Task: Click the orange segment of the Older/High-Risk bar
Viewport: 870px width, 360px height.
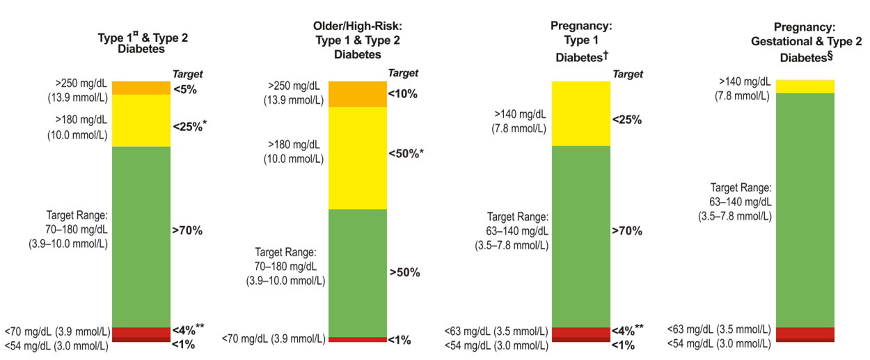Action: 358,94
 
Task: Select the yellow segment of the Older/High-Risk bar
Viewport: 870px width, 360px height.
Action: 358,158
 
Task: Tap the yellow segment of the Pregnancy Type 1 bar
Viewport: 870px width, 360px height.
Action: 581,114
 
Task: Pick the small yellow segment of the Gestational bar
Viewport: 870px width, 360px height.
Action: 805,87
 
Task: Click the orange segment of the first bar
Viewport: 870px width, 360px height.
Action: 141,88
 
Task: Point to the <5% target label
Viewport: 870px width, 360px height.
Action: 185,89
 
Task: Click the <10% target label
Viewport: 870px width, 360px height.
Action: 403,94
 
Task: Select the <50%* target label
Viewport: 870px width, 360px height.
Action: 406,154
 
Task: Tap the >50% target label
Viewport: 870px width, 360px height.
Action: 404,272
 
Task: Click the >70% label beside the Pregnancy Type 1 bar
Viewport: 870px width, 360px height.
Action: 627,230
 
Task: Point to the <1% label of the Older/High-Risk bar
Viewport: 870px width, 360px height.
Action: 400,341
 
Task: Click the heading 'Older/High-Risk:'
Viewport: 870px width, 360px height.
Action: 357,26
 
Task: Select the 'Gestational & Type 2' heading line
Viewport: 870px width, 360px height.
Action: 806,41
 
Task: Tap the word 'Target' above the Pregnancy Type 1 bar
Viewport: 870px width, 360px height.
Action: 628,74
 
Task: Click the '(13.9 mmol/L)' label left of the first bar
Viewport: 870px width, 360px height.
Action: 78,97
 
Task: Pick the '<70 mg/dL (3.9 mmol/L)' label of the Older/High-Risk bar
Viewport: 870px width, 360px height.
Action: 274,338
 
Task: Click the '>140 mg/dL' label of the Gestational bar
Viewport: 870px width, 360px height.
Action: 745,81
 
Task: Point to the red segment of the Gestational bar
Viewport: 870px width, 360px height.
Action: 805,333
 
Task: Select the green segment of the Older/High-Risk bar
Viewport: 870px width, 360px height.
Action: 358,273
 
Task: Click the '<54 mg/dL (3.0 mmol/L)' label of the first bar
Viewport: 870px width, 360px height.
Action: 56,345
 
